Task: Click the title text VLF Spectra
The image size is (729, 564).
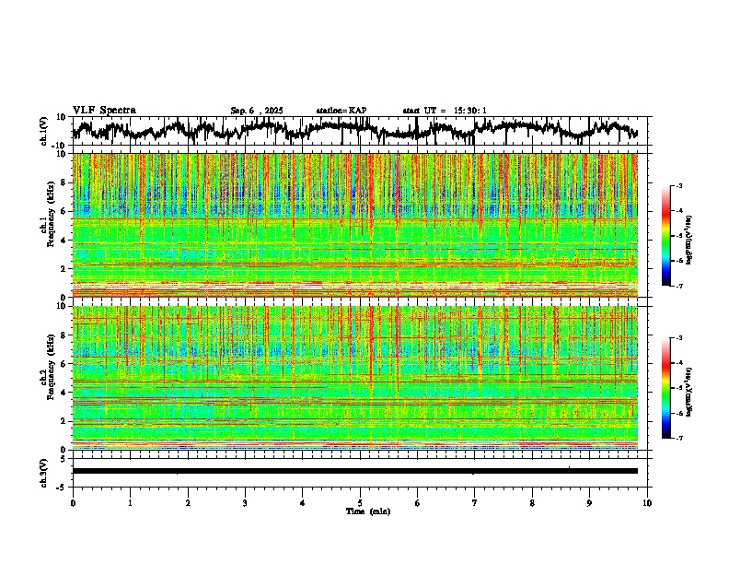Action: (104, 111)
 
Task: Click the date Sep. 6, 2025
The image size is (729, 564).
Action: (257, 111)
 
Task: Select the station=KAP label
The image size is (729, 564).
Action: (341, 111)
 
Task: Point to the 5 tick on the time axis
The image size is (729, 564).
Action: (360, 502)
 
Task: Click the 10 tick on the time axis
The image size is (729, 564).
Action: (647, 502)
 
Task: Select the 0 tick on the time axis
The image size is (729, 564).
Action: (73, 502)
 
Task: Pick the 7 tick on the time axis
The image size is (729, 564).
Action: (475, 502)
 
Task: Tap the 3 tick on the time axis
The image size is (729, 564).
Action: (245, 502)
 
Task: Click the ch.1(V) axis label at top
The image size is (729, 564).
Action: (44, 131)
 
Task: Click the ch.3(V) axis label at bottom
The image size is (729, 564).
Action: (44, 470)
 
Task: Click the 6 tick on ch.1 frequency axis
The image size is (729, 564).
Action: (64, 211)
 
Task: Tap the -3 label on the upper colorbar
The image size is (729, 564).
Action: (679, 186)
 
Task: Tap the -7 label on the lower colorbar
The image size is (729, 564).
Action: (679, 439)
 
